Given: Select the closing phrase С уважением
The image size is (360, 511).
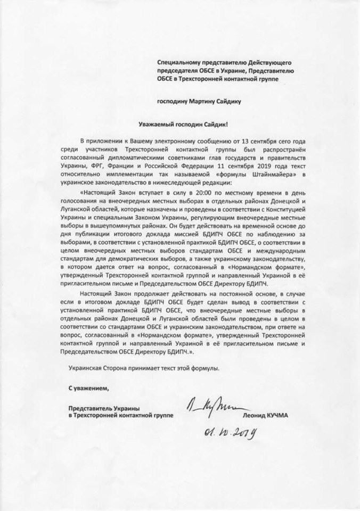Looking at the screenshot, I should point(84,388).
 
